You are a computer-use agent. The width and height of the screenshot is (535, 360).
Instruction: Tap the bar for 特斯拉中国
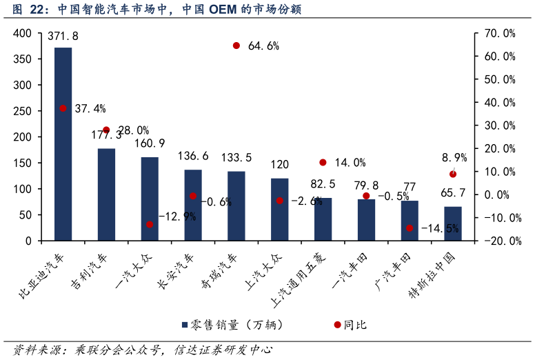(453, 223)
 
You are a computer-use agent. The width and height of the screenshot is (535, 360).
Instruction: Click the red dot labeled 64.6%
(236, 46)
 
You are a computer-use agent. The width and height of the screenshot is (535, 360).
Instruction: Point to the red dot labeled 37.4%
(63, 108)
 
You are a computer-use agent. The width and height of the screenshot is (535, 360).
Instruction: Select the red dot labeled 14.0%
(323, 163)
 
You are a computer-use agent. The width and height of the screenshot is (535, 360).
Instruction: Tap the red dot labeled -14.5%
(410, 228)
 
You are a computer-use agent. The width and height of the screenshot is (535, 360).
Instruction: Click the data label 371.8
(63, 36)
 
